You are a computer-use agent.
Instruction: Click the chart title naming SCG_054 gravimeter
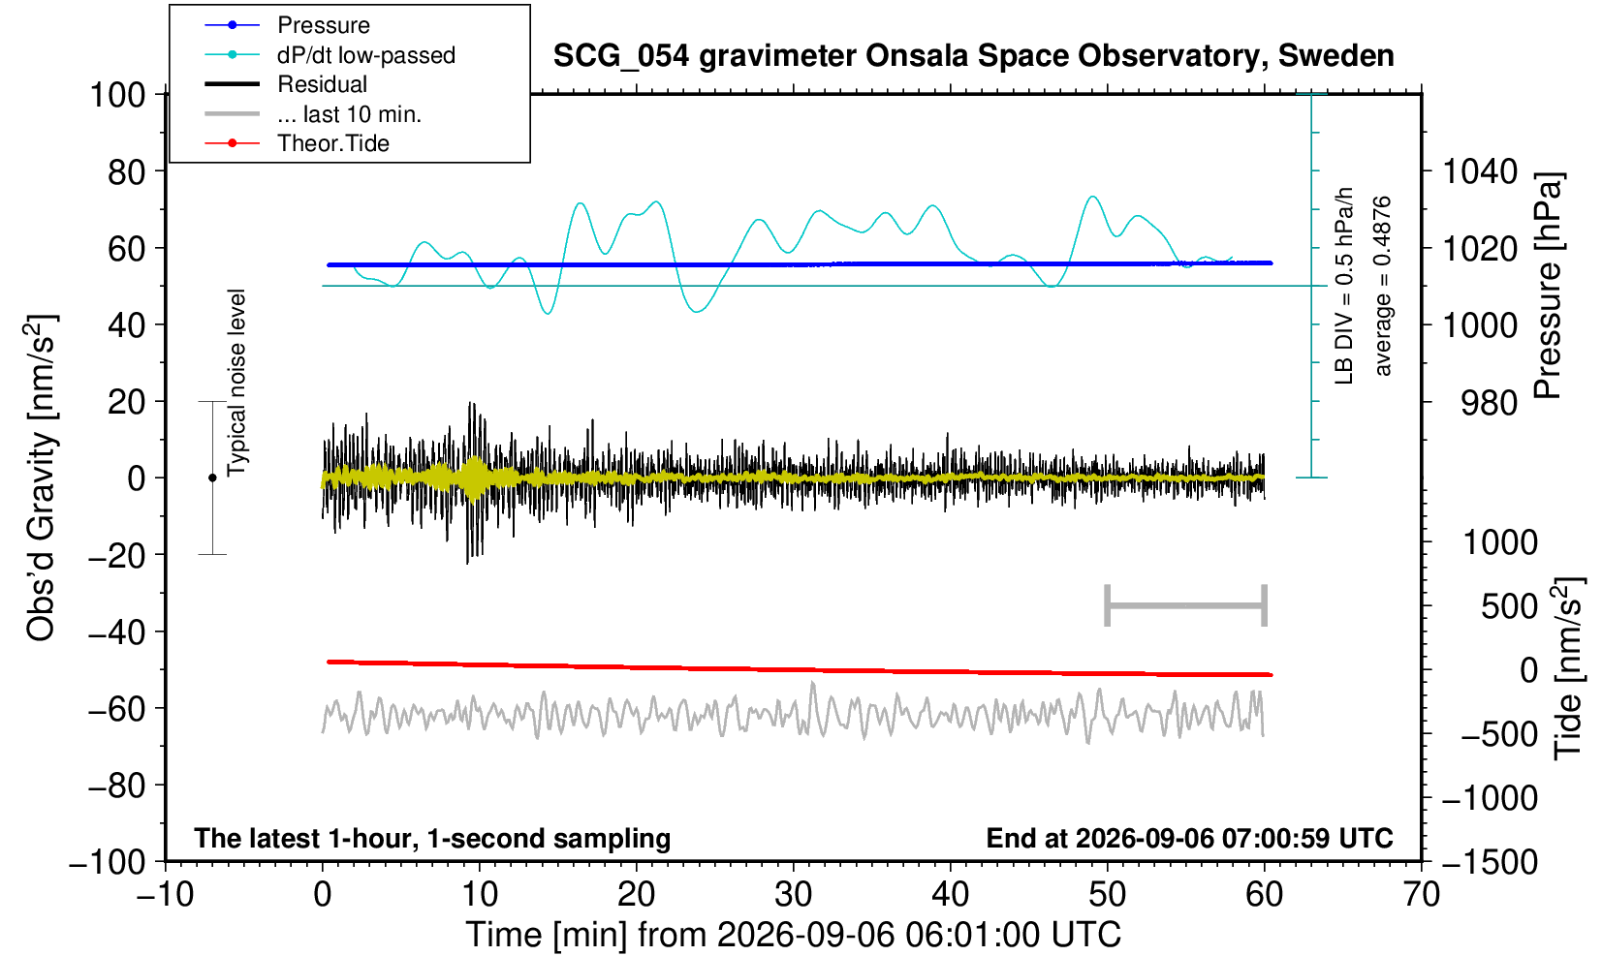pos(973,56)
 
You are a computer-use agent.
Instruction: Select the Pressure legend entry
pos(324,25)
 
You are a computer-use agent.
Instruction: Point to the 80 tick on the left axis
pos(127,172)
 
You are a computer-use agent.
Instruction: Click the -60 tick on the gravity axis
pos(116,709)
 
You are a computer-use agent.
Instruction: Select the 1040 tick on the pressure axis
pos(1480,171)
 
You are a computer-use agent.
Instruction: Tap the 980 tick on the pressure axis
pos(1489,403)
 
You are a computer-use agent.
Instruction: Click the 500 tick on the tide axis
pos(1509,607)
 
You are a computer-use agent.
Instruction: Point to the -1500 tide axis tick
pos(1490,862)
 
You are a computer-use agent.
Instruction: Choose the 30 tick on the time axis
pos(793,895)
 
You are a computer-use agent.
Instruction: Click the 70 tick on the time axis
pos(1421,895)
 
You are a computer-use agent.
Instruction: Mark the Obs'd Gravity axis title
pos(41,478)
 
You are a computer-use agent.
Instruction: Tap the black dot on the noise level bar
pos(212,478)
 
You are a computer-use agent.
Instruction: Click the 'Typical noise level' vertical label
pos(236,384)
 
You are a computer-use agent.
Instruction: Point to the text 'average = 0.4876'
pos(1383,286)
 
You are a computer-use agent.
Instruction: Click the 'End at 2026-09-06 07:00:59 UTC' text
pos(1189,838)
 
